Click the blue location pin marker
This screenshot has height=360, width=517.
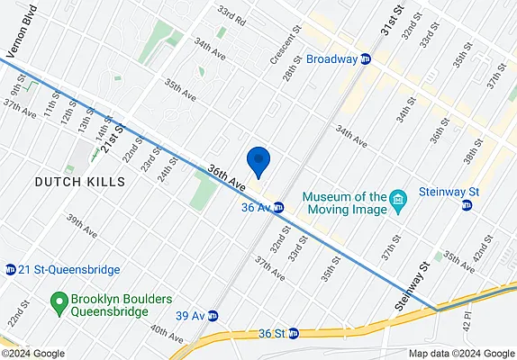point(258,160)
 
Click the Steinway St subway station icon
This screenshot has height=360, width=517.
point(467,206)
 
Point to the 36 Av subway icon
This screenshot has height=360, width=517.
point(279,208)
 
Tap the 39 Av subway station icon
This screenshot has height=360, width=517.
point(213,316)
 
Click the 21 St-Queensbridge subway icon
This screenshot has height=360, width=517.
point(10,269)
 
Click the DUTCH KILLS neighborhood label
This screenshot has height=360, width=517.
point(79,181)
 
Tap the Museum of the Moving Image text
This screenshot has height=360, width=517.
point(344,202)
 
